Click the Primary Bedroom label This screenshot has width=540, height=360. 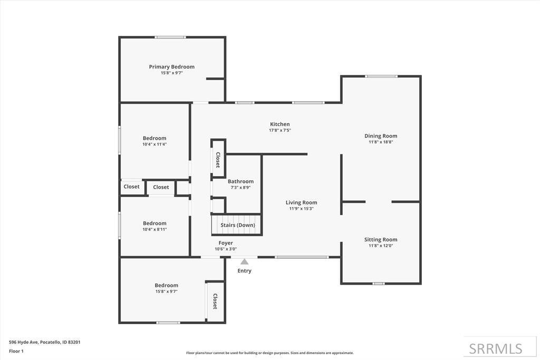coord(171,67)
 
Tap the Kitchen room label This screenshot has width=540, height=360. coord(279,124)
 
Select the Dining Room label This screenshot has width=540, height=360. coord(381,136)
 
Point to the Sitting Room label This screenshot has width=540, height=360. coord(381,239)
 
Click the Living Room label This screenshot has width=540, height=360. coord(301,202)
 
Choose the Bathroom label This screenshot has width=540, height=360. coord(240,181)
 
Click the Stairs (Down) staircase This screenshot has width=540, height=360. coord(237,225)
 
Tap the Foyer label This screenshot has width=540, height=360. coord(226,243)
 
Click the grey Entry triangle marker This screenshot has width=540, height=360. coord(244,261)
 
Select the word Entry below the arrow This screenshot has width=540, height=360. coord(244,271)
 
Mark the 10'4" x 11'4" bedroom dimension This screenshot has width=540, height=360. coord(155,144)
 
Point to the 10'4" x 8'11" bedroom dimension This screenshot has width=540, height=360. coord(155,229)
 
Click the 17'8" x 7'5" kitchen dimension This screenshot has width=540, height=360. coord(279,130)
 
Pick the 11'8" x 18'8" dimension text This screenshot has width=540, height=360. coord(381,142)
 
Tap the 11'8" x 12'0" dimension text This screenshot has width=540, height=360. coord(381,245)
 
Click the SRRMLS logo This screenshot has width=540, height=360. coord(496,348)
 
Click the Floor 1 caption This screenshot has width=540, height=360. coord(16,351)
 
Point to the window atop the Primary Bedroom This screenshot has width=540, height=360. coord(170,37)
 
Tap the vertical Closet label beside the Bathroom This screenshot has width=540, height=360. coord(218,160)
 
